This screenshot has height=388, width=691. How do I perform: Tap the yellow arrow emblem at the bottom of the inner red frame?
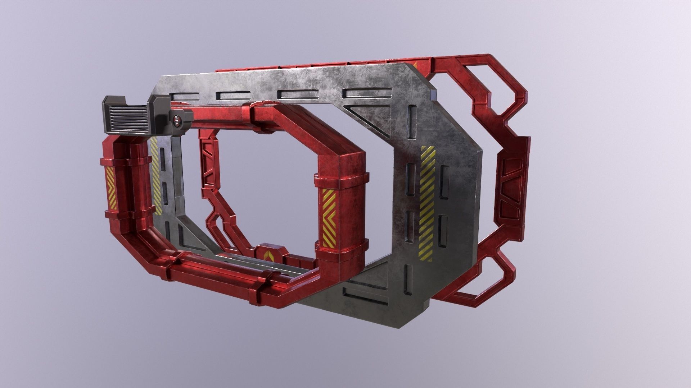269,255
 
